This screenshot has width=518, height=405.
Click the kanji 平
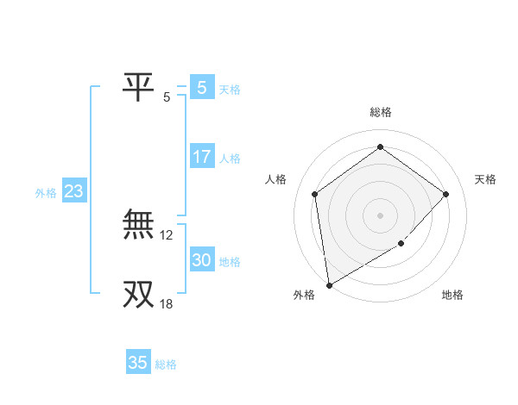(x=138, y=86)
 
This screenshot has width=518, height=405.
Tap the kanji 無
(x=138, y=226)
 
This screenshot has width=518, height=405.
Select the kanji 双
(x=138, y=293)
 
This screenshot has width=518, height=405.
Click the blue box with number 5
(x=201, y=87)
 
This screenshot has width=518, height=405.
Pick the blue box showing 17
(x=201, y=157)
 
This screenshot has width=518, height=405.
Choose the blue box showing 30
(x=201, y=260)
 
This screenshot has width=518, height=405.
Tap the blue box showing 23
(x=73, y=191)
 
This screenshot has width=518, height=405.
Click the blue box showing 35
(x=137, y=363)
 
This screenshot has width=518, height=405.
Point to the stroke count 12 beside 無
(x=167, y=234)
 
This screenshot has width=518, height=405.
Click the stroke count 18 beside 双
(x=167, y=303)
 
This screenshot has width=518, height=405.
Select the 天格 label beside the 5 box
(x=230, y=89)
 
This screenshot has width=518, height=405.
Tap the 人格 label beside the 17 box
(x=230, y=159)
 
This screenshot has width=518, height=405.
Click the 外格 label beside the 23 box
(x=46, y=193)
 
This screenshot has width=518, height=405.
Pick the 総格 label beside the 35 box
(x=166, y=364)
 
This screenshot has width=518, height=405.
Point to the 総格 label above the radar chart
(x=380, y=112)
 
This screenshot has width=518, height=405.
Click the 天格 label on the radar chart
(x=485, y=179)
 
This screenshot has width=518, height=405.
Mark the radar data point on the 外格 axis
(x=329, y=284)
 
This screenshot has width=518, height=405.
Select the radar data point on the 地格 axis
(x=401, y=244)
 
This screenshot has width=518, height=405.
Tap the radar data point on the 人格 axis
(x=314, y=194)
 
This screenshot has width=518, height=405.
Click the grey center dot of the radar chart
(x=380, y=215)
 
